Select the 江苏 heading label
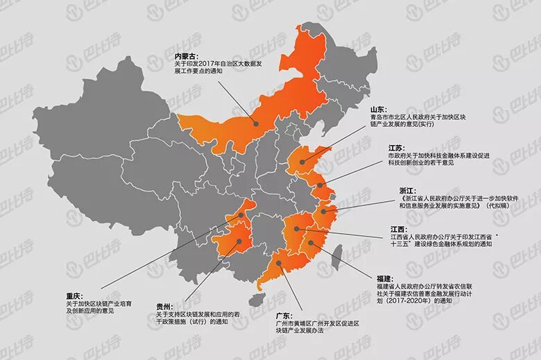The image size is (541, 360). point(397,148)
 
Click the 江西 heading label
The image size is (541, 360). point(398,228)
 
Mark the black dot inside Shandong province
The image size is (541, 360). point(304,162)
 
